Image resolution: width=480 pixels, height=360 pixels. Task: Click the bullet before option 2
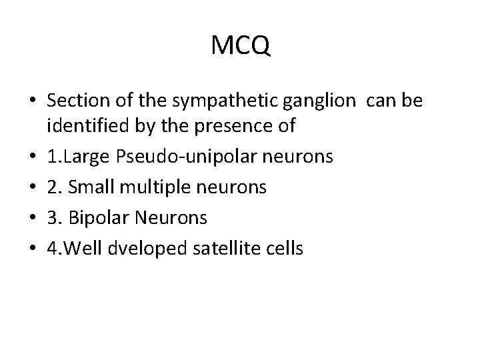point(32,187)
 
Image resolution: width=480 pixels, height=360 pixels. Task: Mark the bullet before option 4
point(32,249)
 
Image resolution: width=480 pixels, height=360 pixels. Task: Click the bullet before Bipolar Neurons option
point(32,218)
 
